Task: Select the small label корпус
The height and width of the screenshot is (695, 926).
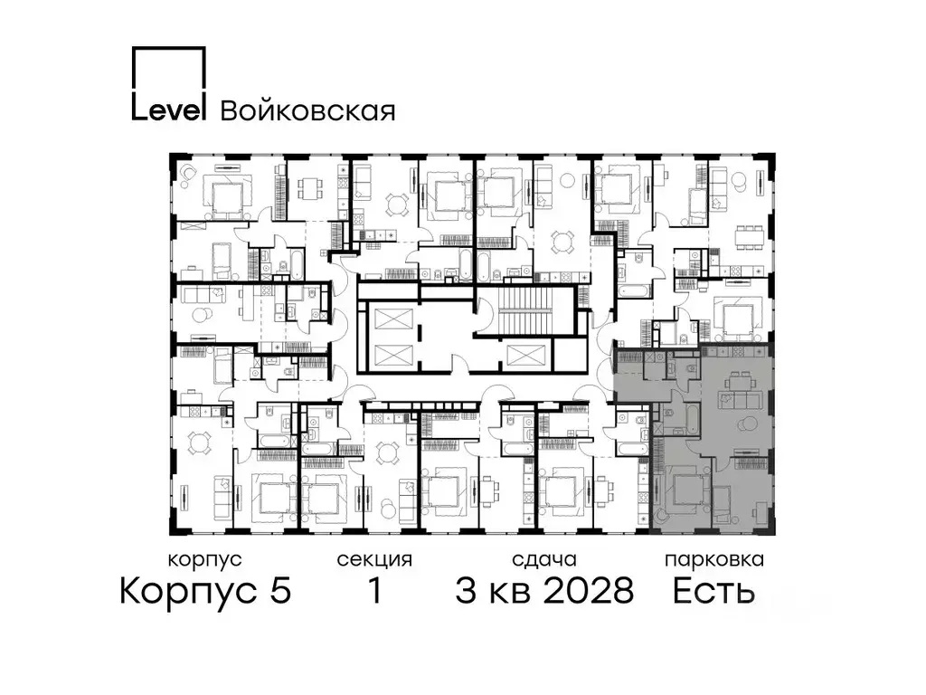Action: pyautogui.click(x=205, y=560)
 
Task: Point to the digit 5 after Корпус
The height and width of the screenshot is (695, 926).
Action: pyautogui.click(x=279, y=592)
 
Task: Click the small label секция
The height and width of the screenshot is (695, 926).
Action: pyautogui.click(x=374, y=560)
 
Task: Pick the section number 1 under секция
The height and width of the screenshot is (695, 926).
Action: pyautogui.click(x=373, y=592)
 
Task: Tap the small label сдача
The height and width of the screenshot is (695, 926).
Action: pyautogui.click(x=543, y=560)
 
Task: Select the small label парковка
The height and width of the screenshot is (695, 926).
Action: pyautogui.click(x=713, y=560)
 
